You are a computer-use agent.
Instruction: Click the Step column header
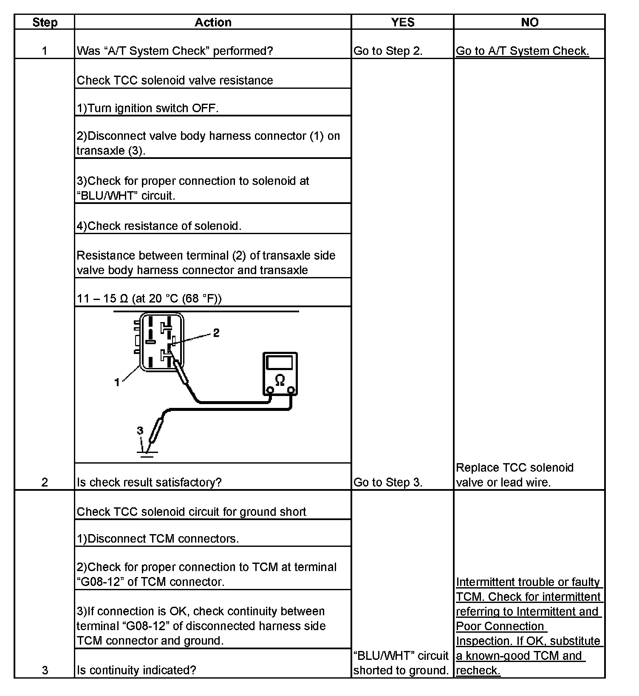coord(45,23)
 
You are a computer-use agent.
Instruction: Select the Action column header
coord(213,23)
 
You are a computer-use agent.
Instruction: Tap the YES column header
coord(402,23)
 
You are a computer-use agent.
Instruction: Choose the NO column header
coord(529,23)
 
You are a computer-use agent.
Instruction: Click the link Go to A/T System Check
coord(522,51)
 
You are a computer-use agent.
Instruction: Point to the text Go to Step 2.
coord(388,51)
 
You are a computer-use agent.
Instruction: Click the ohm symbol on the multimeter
coord(280,380)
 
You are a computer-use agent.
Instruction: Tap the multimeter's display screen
coord(279,362)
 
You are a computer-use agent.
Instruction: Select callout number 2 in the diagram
coord(216,333)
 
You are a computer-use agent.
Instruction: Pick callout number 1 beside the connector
coord(117,382)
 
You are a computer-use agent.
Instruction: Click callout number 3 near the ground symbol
coord(140,431)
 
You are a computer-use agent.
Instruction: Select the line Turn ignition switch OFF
coord(147,108)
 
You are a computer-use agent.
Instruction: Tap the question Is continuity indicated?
coord(136,670)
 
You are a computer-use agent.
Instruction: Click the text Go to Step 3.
coord(388,482)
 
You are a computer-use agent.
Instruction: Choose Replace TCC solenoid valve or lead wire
coord(515,475)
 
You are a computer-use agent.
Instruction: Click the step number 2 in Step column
coord(45,482)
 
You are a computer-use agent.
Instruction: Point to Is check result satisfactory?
coord(149,482)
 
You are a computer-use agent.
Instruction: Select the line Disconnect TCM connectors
coord(158,538)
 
